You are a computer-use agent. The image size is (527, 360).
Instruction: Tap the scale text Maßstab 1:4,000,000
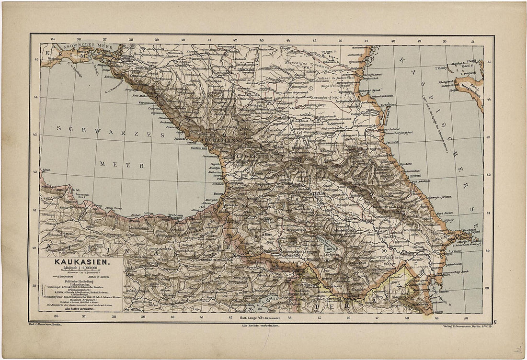[76, 269]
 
